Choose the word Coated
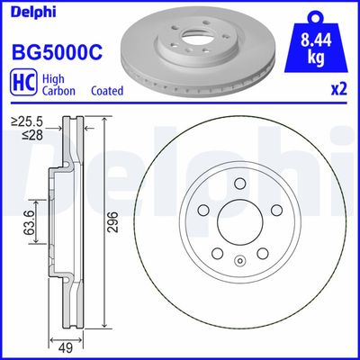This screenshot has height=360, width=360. (x=107, y=92)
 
